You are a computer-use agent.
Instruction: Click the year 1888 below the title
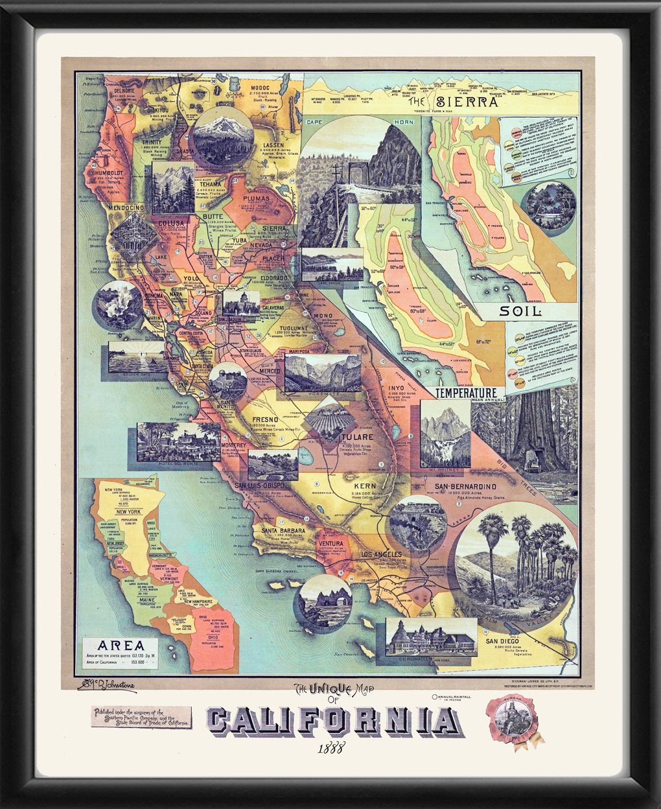point(330,746)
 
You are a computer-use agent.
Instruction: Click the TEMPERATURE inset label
point(466,393)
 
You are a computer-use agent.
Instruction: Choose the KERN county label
point(365,485)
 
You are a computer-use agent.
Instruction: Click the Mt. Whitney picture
point(445,434)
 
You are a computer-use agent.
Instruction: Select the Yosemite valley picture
point(323,374)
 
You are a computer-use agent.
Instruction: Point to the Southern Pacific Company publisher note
point(142,716)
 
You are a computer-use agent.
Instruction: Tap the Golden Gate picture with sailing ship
point(137,357)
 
